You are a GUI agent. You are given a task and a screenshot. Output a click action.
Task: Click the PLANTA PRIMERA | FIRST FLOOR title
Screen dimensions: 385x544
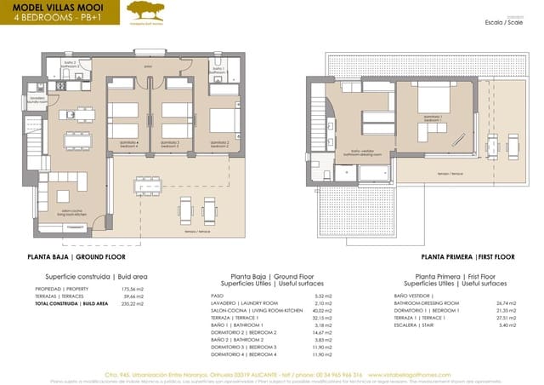point(467,256)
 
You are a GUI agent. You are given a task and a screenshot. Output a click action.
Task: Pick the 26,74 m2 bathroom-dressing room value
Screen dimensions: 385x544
point(505,303)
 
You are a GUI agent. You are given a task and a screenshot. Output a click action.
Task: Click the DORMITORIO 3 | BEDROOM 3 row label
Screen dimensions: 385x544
point(244,348)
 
